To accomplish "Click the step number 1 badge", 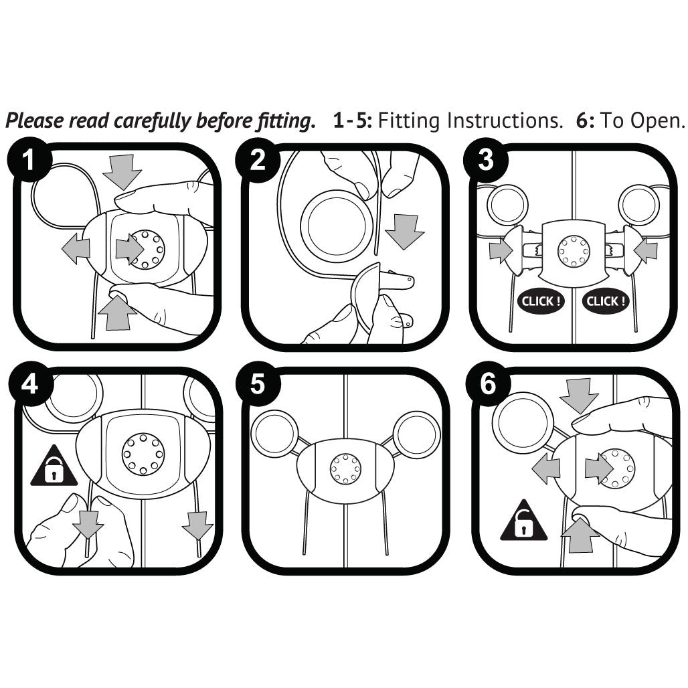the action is (29, 159).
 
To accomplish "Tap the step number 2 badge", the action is (258, 159).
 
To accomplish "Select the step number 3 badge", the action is (486, 159).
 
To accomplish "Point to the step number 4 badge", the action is (30, 384).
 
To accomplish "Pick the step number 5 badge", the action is (258, 384).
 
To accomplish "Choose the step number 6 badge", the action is (488, 384).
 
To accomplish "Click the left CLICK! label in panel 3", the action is (541, 301).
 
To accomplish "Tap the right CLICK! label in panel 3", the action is (606, 301).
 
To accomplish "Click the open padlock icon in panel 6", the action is (523, 522).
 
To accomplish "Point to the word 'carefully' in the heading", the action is (153, 120).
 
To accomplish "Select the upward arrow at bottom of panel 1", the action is (117, 313).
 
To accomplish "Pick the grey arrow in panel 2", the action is (404, 232).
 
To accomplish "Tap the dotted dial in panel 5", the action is (345, 468).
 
